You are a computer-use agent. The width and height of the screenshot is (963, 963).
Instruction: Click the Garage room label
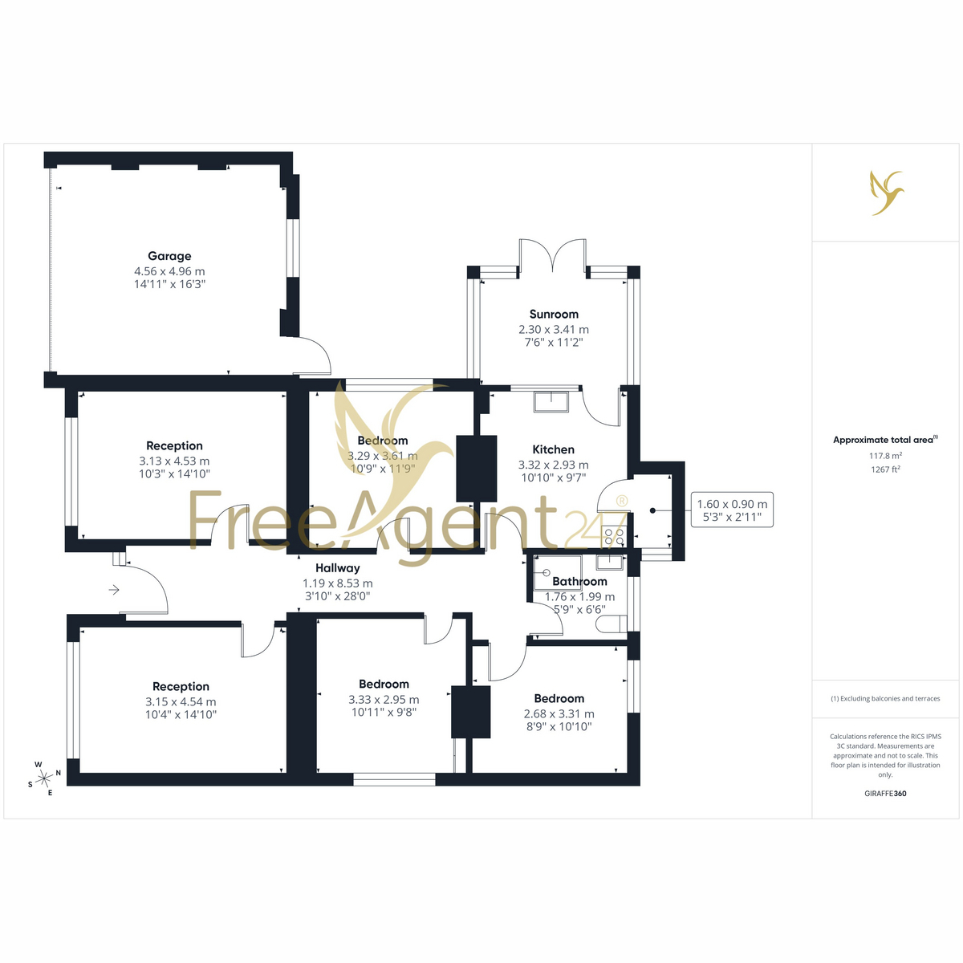[x=169, y=256]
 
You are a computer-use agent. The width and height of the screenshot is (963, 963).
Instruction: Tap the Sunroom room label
[x=554, y=315]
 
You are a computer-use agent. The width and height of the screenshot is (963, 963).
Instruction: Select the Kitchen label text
[x=553, y=449]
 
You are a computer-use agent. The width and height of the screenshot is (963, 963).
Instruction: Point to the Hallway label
[x=337, y=568]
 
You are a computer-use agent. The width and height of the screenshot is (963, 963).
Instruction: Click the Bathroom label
[x=579, y=581]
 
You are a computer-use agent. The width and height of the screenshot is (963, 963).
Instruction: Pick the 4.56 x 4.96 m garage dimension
[x=169, y=271]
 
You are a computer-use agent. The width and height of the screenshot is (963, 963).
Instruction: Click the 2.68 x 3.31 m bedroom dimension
[x=559, y=713]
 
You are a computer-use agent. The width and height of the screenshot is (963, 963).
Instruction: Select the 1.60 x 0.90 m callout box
[x=732, y=510]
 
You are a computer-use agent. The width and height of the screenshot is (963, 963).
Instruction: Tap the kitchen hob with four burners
[x=614, y=536]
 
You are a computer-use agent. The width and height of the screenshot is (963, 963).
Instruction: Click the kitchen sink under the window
[x=551, y=402]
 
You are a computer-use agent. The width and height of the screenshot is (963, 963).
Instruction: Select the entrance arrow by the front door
[x=115, y=590]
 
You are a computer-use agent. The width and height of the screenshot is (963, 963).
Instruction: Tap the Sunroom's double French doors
[x=552, y=256]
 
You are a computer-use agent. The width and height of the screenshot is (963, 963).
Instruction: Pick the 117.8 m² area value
[x=885, y=456]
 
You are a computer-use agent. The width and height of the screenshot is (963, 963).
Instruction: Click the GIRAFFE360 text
[x=885, y=793]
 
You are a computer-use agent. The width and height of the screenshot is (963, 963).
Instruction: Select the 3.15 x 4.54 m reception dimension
[x=181, y=701]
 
